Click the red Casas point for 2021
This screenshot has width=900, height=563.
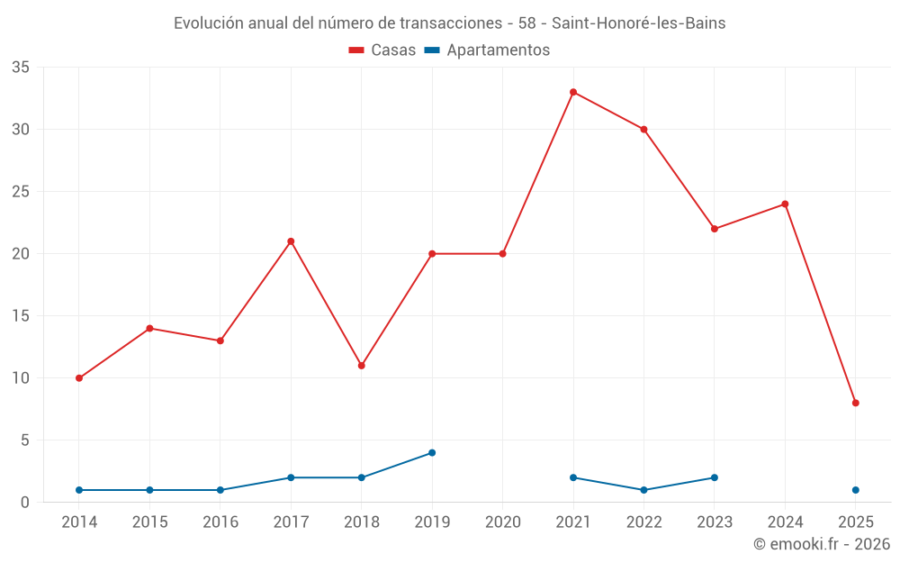[x=573, y=92]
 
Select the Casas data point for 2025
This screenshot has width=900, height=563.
[x=855, y=403]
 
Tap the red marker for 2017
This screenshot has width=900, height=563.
[x=291, y=241]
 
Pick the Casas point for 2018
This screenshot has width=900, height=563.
[x=361, y=366]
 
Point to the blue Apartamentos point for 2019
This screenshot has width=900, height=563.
[x=432, y=452]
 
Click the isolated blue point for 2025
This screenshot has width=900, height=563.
[x=855, y=490]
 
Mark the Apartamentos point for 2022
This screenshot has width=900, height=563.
[x=643, y=490]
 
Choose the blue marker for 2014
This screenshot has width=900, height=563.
[x=79, y=490]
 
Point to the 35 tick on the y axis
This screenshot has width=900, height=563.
[x=21, y=68]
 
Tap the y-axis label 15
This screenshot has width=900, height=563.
[x=21, y=316]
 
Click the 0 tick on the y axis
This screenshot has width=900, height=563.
[x=25, y=503]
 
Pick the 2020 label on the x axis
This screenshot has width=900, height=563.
[x=502, y=522]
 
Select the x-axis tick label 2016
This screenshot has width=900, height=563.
[x=220, y=522]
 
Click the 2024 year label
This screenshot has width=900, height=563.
[x=785, y=522]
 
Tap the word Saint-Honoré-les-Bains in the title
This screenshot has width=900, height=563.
[x=638, y=23]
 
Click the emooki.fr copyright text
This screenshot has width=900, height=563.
[x=821, y=544]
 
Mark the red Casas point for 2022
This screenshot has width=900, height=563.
[x=643, y=129]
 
